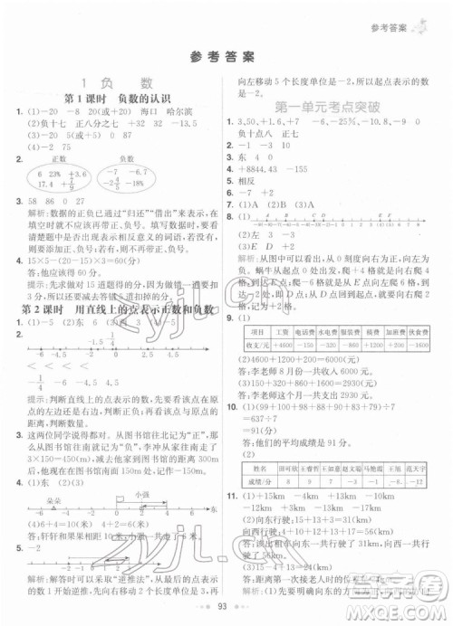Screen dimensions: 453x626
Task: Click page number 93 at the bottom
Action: tap(226, 609)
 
